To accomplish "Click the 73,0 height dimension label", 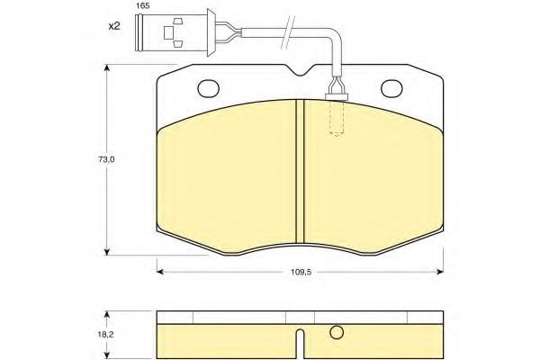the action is [106, 159].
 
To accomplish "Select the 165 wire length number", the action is [142, 6].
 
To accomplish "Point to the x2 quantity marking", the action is [114, 26].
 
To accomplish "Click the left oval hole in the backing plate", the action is [209, 88].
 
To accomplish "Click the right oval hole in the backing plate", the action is [391, 88].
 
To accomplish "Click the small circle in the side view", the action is [337, 332].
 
